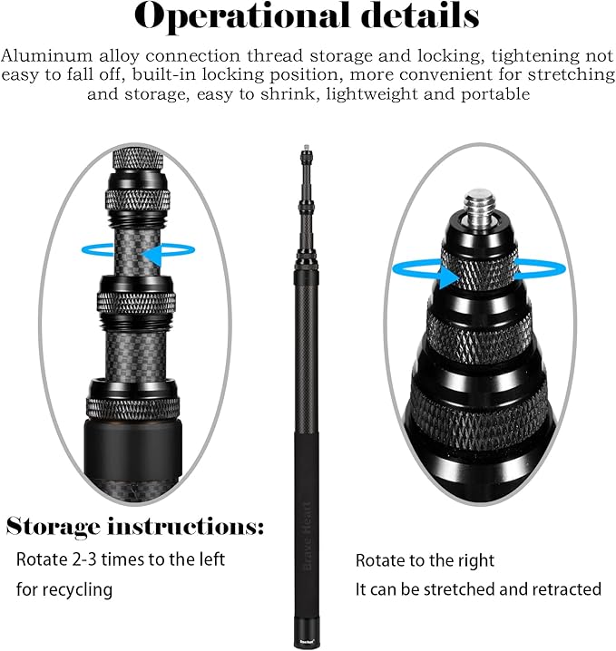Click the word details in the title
coord(420,15)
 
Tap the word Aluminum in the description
coord(46,55)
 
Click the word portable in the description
coord(495,94)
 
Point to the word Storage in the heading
coord(54,528)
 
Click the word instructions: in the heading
coord(186,527)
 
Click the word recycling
coord(78,590)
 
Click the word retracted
coord(567,589)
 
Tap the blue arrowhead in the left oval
coord(152,255)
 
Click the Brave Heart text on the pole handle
coord(308,536)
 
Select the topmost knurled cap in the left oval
coord(138,160)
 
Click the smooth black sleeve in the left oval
coord(133,450)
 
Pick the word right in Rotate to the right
coord(476,561)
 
